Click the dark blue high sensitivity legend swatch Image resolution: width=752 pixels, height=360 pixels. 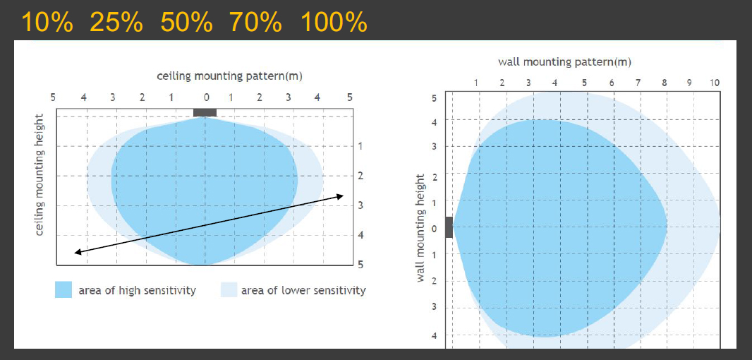64,289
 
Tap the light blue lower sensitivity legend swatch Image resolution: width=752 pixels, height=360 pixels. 229,289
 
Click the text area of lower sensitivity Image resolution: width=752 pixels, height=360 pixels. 303,290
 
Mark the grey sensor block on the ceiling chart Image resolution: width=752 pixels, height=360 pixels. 205,112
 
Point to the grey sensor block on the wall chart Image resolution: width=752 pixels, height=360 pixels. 449,228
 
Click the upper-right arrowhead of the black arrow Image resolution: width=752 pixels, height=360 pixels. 341,196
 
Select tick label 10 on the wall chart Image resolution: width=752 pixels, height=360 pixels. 715,83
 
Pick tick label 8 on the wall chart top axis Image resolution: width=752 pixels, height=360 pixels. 664,83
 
